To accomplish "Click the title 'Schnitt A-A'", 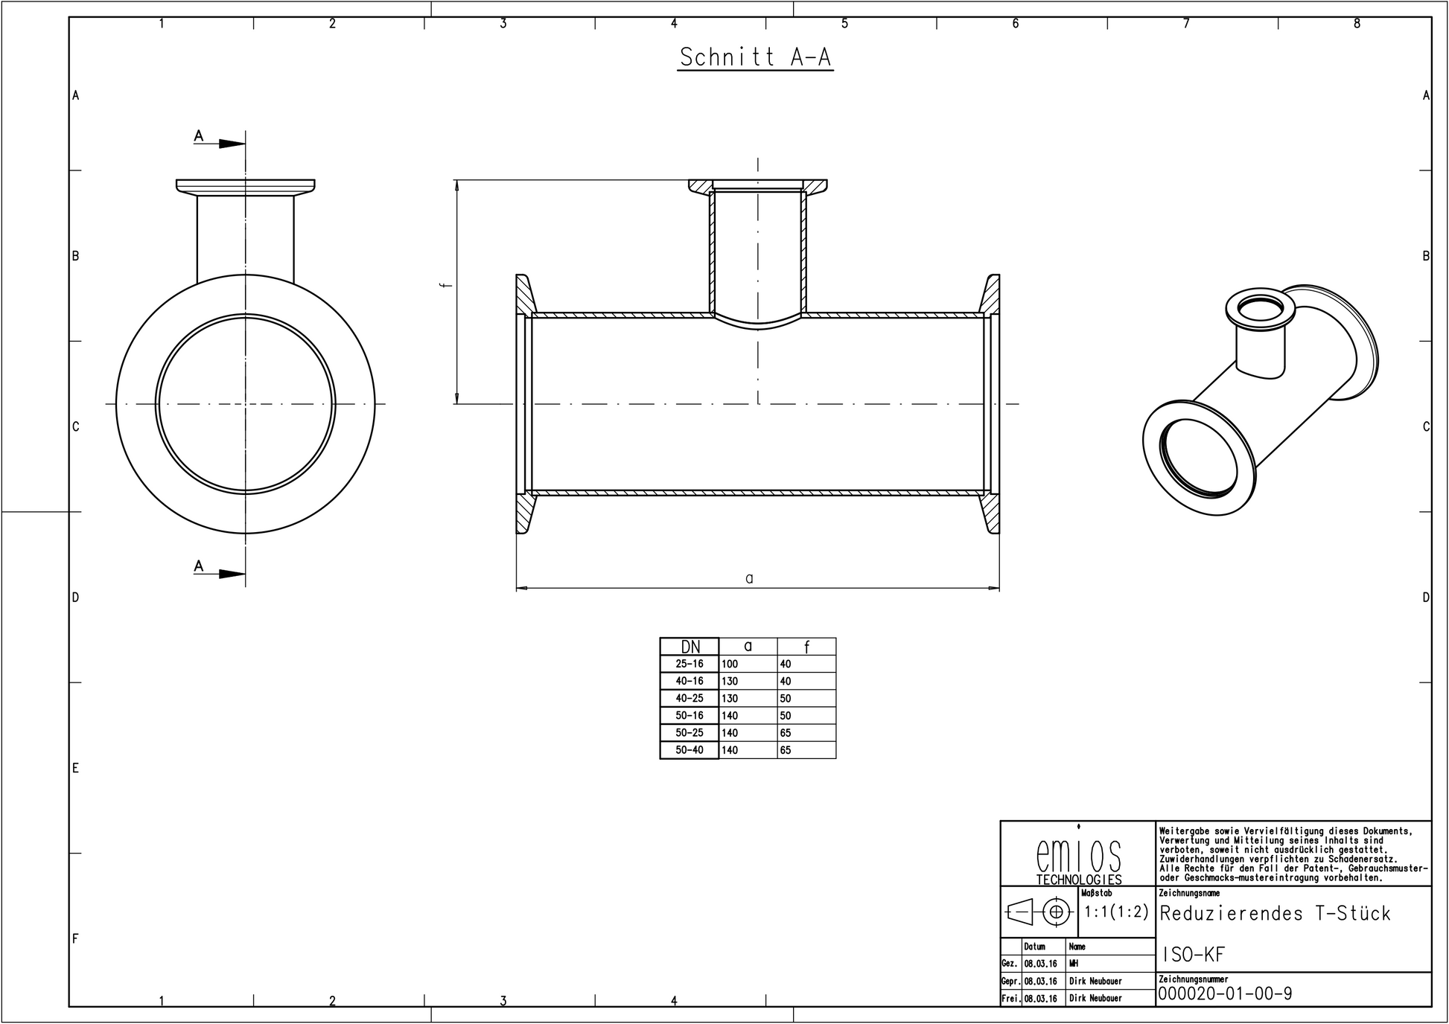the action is [755, 57].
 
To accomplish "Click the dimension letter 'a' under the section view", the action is [749, 578].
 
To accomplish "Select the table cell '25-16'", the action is [690, 664].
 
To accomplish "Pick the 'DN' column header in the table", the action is [690, 647].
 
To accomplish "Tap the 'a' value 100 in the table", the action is [730, 664].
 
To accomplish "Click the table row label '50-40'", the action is [690, 750].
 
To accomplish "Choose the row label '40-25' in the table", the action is [690, 698].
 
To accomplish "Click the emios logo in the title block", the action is [1078, 857].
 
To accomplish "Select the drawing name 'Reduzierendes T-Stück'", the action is [1275, 913].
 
